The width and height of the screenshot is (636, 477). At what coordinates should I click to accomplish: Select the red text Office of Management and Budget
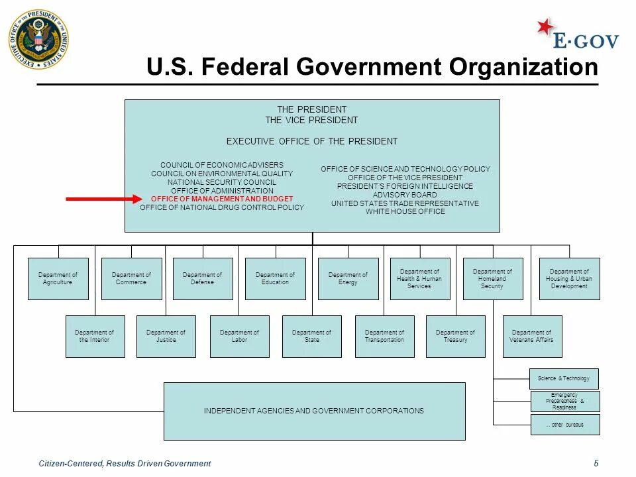coord(222,199)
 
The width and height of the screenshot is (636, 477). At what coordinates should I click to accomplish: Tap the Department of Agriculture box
coord(58,279)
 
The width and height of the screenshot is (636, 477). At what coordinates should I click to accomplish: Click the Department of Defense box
coord(203,279)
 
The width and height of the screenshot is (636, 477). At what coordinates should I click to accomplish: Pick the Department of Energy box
coord(348,279)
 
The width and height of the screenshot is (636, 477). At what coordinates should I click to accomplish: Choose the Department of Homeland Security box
coord(492,279)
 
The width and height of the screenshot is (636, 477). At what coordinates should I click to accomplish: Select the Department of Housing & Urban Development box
coord(569,279)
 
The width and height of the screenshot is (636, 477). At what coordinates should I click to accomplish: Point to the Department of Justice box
coord(166,337)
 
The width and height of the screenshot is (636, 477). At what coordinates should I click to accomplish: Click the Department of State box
coord(311,337)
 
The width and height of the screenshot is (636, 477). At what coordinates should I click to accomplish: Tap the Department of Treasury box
coord(455,337)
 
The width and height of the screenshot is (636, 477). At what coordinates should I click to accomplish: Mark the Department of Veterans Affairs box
coord(532,337)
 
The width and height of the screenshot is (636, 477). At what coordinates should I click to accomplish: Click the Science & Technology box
coord(564,378)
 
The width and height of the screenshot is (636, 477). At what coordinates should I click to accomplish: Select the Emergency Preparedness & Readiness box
coord(564,401)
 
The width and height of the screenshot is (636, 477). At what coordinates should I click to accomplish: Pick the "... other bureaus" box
coord(565,425)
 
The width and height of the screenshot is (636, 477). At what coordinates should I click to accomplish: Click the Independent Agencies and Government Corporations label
coord(314,411)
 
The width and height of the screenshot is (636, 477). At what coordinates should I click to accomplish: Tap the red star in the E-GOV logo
coord(545,27)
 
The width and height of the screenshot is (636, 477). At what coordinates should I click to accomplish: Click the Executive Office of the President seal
coord(38,40)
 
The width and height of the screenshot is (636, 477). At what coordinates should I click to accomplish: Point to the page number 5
coord(596,463)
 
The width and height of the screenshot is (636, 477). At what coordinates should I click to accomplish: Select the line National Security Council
coord(222,182)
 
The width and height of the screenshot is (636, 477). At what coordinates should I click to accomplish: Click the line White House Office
coord(405,211)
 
